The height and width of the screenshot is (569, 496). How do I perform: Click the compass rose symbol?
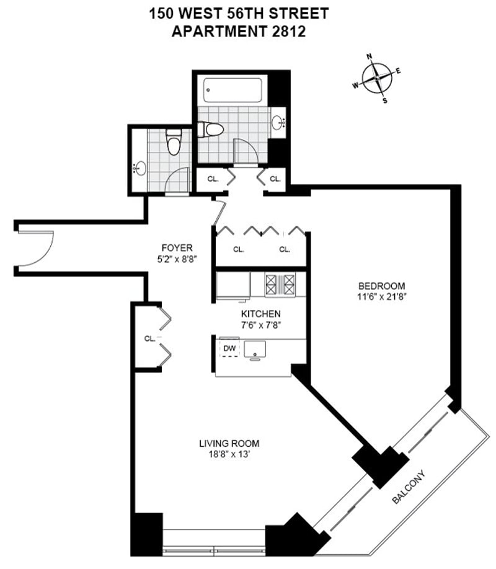coord(377,79)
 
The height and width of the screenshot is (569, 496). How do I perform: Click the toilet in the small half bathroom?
coord(174,143)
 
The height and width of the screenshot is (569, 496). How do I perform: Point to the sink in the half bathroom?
coord(140,167)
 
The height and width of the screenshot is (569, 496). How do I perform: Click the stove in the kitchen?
coord(280,284)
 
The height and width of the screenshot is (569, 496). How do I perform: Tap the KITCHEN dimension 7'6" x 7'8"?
coord(260,324)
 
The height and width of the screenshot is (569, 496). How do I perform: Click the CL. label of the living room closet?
coord(149,338)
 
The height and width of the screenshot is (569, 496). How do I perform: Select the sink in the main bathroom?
coord(277,121)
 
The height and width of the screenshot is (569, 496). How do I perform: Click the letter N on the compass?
coord(370,57)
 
